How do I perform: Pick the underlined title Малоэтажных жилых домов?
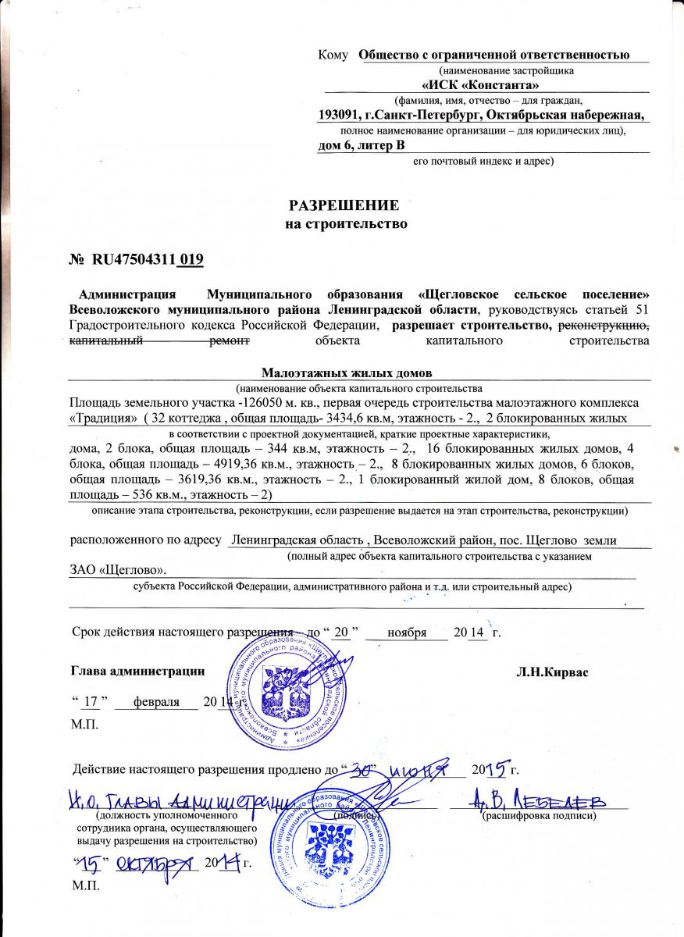[x=347, y=373]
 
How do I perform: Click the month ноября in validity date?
[x=406, y=632]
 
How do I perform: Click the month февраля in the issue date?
[x=156, y=701]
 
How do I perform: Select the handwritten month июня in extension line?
[x=428, y=769]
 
